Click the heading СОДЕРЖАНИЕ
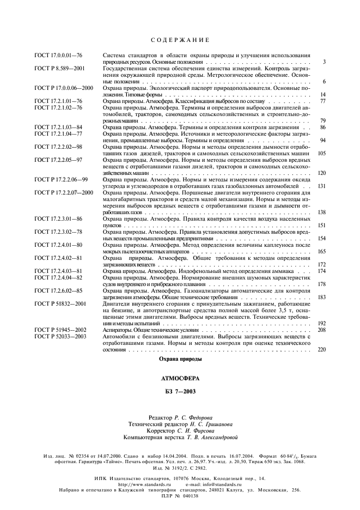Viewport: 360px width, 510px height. [180, 40]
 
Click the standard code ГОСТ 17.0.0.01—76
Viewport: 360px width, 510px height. [58, 56]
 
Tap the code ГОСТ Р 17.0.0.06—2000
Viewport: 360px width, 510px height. [64, 88]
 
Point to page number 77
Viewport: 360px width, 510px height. [322, 101]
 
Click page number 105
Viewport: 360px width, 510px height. [321, 154]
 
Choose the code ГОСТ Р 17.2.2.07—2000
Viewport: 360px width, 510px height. [64, 192]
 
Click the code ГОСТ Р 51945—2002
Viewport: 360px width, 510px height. [60, 330]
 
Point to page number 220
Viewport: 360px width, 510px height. [321, 349]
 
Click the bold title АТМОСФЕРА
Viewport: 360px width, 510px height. [180, 378]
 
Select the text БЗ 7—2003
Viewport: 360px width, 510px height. [180, 391]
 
